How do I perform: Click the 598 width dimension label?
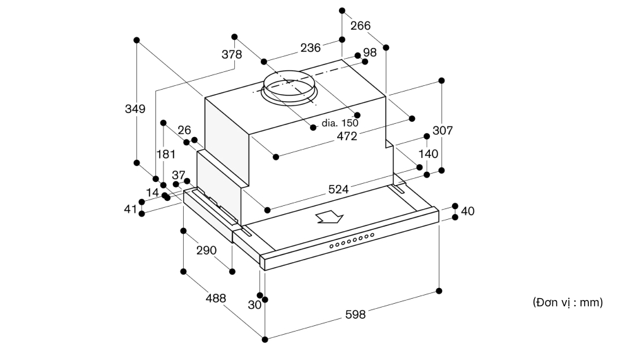[355, 315]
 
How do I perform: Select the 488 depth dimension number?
[216, 298]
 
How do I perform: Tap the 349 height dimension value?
[135, 109]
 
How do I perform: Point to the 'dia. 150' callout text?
[340, 123]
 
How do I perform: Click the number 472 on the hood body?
[347, 136]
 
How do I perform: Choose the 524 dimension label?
[338, 189]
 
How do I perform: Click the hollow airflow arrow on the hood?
[330, 217]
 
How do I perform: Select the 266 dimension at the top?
[360, 25]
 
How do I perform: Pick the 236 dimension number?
[311, 47]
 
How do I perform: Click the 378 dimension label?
[232, 54]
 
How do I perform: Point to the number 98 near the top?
[369, 52]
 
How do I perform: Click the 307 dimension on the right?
[443, 130]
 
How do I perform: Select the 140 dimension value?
[428, 153]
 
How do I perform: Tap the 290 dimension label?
[206, 250]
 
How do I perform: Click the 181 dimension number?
[166, 154]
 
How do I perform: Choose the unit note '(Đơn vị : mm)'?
[568, 303]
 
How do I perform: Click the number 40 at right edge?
[468, 211]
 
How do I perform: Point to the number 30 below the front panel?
[254, 305]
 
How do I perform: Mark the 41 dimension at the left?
[130, 209]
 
